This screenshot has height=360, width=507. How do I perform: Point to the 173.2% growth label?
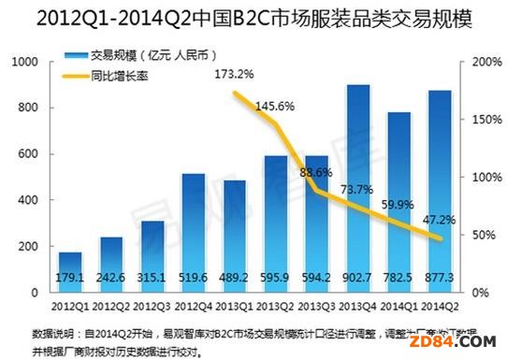[x=234, y=73]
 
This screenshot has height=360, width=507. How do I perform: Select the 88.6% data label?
[x=317, y=172]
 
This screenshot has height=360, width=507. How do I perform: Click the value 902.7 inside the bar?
[x=356, y=278]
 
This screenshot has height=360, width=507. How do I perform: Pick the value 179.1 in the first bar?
[x=70, y=278]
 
